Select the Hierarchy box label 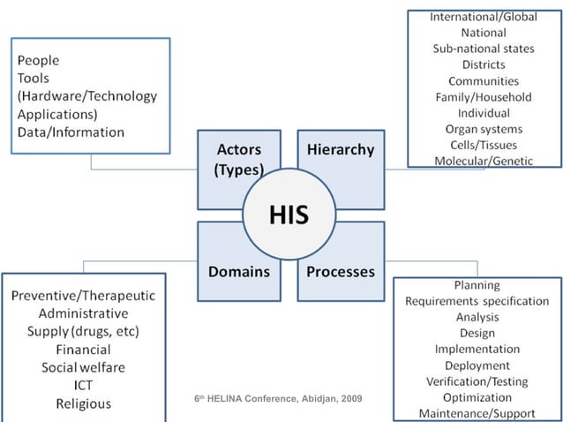tap(340, 149)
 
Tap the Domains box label tap(238, 272)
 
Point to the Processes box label tap(340, 272)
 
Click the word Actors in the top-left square tap(238, 149)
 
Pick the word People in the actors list tap(38, 61)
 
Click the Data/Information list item tap(71, 132)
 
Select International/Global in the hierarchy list tap(483, 17)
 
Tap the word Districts tap(483, 64)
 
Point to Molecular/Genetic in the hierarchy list tap(483, 160)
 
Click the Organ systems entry tap(483, 128)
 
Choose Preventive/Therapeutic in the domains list tap(83, 295)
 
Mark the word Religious tap(83, 403)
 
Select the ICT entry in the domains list tap(83, 386)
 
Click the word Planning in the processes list tap(477, 285)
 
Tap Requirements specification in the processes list tap(477, 301)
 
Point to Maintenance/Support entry tap(477, 412)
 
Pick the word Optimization tap(477, 396)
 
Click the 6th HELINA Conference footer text tap(278, 400)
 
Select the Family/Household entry tap(483, 96)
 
